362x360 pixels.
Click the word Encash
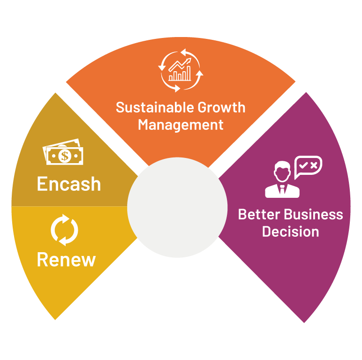click(x=69, y=184)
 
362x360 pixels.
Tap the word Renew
click(x=66, y=259)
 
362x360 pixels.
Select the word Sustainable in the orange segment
click(x=149, y=107)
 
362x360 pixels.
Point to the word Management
click(x=181, y=125)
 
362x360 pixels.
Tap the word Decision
click(x=290, y=232)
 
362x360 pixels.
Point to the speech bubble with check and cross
click(x=308, y=167)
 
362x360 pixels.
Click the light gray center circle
click(x=177, y=207)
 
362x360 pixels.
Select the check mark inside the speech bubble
click(x=303, y=165)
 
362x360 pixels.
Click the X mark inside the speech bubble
click(x=314, y=165)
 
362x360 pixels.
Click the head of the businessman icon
click(x=282, y=171)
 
